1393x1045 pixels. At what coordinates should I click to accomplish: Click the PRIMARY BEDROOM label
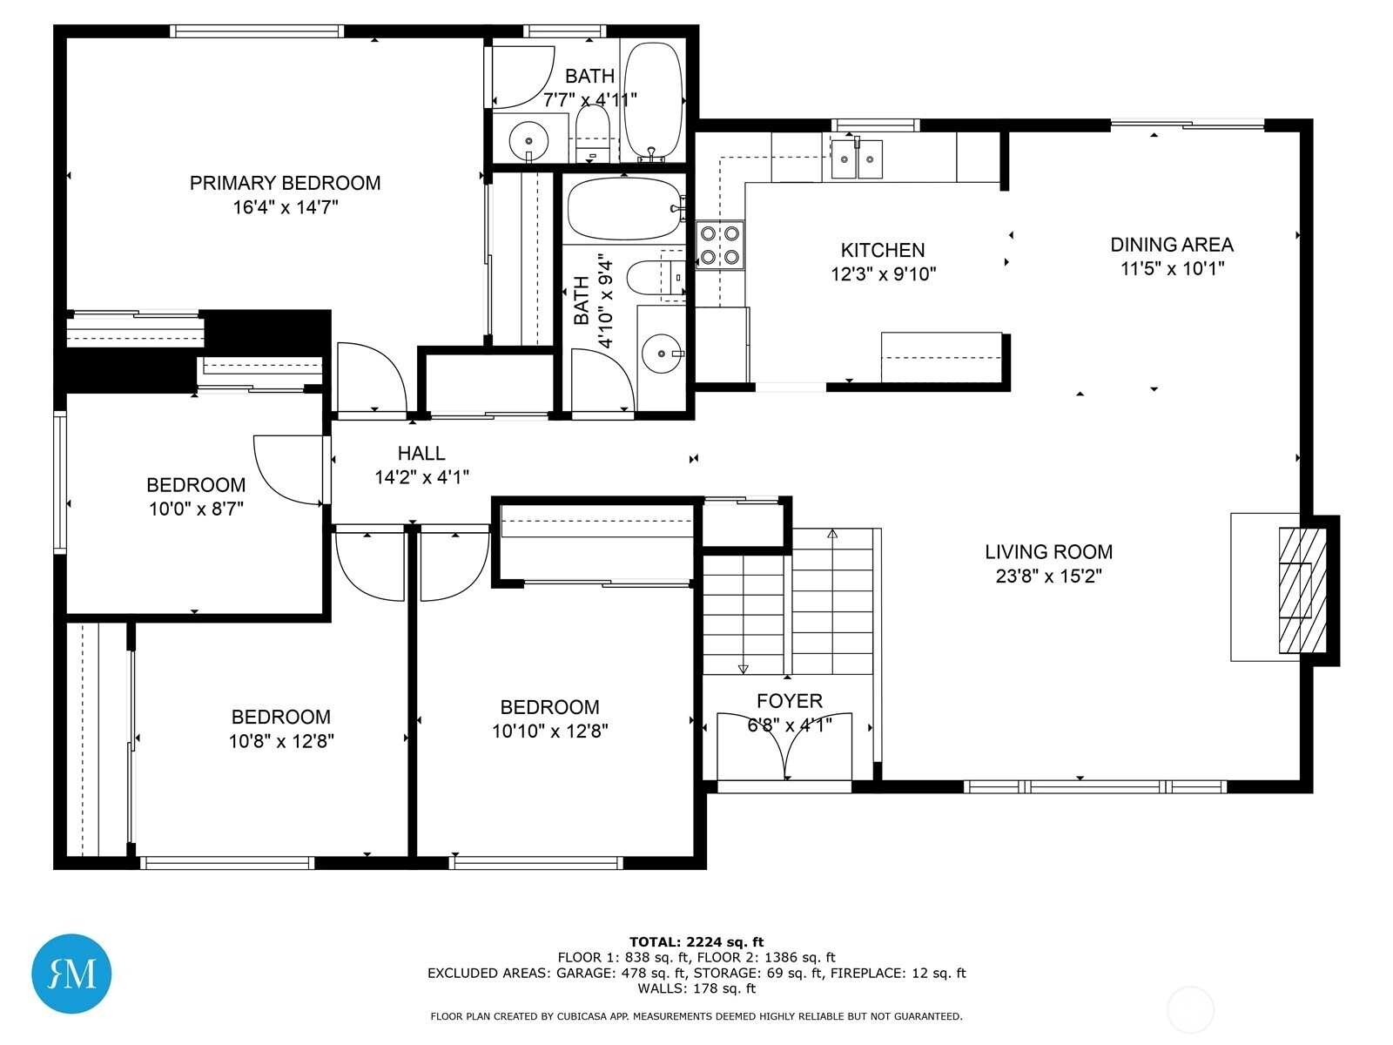pyautogui.click(x=285, y=184)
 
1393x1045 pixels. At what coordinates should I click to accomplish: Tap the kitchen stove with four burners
pyautogui.click(x=720, y=246)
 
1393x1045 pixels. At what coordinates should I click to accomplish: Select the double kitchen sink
pyautogui.click(x=857, y=158)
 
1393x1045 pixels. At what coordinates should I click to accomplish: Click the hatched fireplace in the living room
pyautogui.click(x=1302, y=590)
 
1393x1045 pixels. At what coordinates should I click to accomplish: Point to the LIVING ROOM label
pyautogui.click(x=1048, y=552)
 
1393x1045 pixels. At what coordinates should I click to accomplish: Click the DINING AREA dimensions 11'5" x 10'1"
pyautogui.click(x=1172, y=268)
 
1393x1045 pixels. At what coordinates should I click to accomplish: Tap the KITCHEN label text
pyautogui.click(x=882, y=250)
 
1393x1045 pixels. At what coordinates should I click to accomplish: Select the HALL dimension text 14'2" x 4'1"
pyautogui.click(x=421, y=477)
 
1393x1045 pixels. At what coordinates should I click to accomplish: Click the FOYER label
pyautogui.click(x=790, y=701)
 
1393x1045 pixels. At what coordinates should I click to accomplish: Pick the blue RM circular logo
pyautogui.click(x=71, y=973)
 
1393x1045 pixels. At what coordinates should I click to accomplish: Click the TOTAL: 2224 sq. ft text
pyautogui.click(x=696, y=942)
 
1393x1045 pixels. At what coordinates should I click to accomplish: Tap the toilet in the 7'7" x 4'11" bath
pyautogui.click(x=593, y=133)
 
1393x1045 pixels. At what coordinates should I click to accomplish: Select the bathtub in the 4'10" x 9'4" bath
pyautogui.click(x=626, y=208)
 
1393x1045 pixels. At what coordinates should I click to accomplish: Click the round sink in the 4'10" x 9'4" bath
pyautogui.click(x=661, y=354)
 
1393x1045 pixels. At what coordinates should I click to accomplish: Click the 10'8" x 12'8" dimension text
pyautogui.click(x=281, y=741)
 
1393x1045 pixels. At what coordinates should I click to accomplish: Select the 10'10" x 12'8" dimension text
pyautogui.click(x=549, y=731)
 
